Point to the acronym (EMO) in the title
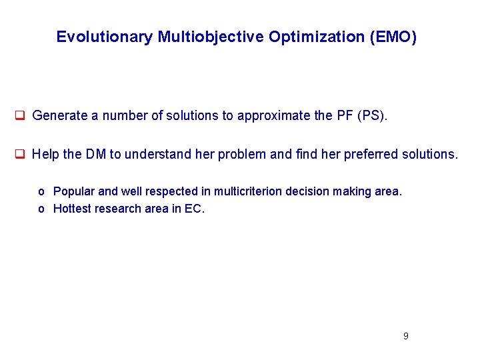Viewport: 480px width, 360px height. [393, 37]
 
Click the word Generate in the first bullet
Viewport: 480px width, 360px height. [60, 115]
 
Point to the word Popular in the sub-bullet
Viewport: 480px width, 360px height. [74, 191]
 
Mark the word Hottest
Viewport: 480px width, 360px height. [73, 209]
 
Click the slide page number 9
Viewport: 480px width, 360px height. [405, 336]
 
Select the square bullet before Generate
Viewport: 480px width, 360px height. [20, 115]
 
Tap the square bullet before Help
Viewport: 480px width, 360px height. [20, 154]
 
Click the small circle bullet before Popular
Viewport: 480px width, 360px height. [41, 192]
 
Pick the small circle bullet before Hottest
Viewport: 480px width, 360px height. [41, 209]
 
